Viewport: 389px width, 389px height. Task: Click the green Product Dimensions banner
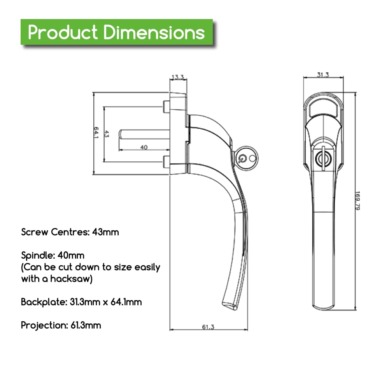(117, 32)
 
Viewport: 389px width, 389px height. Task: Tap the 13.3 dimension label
(178, 77)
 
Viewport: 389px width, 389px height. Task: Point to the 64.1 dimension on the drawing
(96, 133)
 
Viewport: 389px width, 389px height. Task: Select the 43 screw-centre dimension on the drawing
(107, 134)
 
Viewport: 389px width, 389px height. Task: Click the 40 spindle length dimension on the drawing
(144, 147)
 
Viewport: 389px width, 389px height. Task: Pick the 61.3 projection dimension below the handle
(208, 327)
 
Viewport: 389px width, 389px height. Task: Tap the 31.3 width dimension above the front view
(323, 75)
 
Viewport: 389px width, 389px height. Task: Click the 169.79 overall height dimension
(357, 201)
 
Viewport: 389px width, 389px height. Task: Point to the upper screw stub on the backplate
(166, 107)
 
